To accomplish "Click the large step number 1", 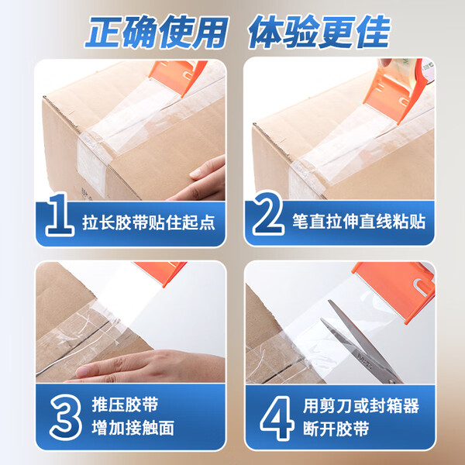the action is (60, 215).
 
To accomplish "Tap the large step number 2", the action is (268, 213).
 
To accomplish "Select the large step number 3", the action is (66, 418).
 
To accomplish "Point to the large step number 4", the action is (277, 418).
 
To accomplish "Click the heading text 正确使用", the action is (157, 32).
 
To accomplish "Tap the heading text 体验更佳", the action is (319, 32).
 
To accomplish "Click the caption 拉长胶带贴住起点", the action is (149, 222).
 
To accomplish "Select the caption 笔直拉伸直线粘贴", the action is (359, 221).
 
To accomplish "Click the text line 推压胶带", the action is (125, 405).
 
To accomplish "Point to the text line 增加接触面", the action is (133, 429).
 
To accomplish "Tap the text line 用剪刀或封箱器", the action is (361, 405).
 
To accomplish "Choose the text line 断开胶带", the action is (336, 429).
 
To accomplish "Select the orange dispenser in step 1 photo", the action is (178, 77).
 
